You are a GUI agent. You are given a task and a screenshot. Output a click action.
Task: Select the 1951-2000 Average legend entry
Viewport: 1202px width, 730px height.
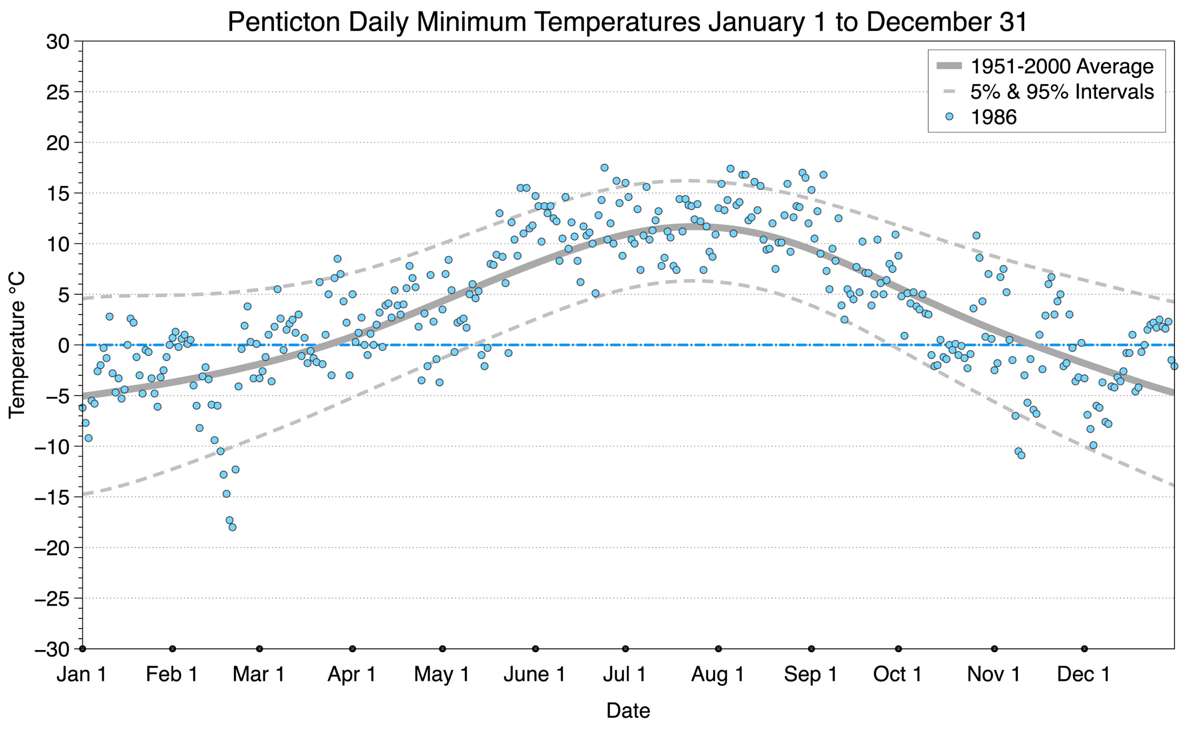click(x=1045, y=66)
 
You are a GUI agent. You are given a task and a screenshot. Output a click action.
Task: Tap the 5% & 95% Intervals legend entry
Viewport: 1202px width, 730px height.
click(x=1045, y=92)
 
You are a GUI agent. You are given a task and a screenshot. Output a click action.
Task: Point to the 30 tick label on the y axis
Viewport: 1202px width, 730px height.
click(x=58, y=42)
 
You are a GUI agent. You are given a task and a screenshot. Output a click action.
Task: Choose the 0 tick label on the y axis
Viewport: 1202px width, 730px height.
click(x=64, y=346)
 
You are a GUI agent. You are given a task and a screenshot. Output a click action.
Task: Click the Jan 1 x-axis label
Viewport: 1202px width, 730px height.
click(x=82, y=674)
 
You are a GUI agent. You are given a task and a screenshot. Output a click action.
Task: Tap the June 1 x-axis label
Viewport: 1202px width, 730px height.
click(x=535, y=674)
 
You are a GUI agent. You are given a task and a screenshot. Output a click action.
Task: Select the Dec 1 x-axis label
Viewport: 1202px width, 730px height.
click(x=1084, y=674)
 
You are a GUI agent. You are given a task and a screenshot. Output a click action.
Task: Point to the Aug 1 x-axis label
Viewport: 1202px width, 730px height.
click(x=718, y=674)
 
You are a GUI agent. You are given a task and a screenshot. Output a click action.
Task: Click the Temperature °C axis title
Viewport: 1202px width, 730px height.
click(x=17, y=345)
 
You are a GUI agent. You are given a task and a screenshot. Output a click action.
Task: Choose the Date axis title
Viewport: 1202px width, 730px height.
click(x=628, y=711)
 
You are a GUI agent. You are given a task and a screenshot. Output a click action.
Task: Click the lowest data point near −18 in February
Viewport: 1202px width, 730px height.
click(x=232, y=527)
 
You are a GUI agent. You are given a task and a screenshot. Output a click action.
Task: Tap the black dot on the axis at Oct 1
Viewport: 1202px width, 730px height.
click(x=898, y=649)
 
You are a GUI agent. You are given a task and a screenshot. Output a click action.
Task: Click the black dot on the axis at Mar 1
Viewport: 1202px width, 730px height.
click(x=260, y=649)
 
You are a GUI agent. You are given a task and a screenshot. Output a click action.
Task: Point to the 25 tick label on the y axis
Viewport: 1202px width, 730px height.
click(x=58, y=92)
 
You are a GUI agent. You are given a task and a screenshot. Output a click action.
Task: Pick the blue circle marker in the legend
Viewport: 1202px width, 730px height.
click(x=949, y=117)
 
